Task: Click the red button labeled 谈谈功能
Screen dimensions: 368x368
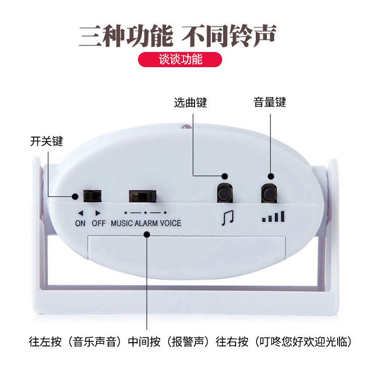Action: pos(180,59)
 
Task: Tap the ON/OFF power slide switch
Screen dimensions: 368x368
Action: pos(93,196)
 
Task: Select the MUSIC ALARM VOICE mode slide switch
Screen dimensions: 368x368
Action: pos(143,196)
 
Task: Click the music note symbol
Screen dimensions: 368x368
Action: pos(228,218)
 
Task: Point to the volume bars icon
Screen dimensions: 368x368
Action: pos(273,216)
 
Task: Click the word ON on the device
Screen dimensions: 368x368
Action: pos(80,223)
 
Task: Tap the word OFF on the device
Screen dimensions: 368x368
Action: pos(99,223)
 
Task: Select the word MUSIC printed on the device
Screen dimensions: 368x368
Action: pos(122,223)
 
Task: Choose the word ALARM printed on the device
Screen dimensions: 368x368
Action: pos(147,223)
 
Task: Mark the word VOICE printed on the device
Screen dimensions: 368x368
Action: pos(171,223)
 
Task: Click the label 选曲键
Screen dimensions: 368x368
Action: pos(190,103)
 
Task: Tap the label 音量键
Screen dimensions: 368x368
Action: pos(270,103)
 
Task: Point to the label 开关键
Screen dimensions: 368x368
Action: pos(46,141)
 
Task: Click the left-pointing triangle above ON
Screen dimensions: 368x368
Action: pos(80,213)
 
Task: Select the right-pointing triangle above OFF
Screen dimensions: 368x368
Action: pos(98,213)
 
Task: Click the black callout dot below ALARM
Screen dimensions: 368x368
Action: pos(147,234)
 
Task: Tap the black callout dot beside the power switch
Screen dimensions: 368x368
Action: pos(75,196)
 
